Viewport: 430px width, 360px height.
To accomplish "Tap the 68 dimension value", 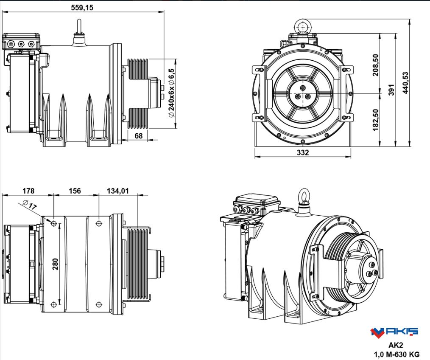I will pos(138,135).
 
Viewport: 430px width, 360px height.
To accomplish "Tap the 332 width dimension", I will pos(303,152).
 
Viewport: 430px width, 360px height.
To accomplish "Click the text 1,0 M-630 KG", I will pos(396,354).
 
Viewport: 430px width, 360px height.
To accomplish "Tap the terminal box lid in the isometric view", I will pos(257,200).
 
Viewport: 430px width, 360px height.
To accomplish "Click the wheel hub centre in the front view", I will pos(302,93).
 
